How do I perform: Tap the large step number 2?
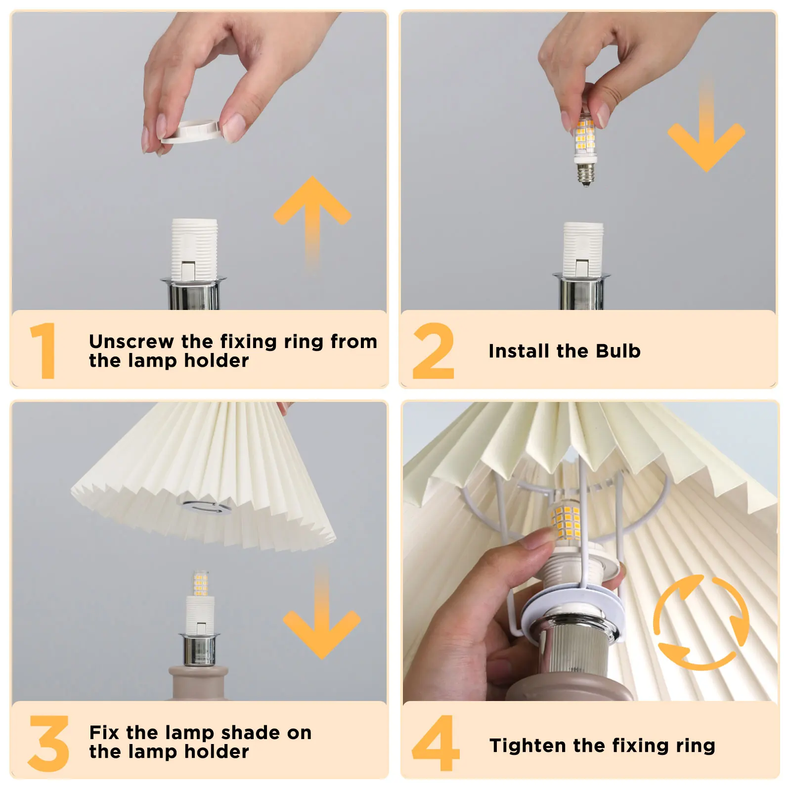pos(433,351)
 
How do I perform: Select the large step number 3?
pos(48,743)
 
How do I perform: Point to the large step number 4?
pos(436,743)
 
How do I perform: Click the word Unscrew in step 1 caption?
pos(131,342)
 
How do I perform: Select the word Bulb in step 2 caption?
pos(618,351)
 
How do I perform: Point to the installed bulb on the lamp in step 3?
pos(200,583)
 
